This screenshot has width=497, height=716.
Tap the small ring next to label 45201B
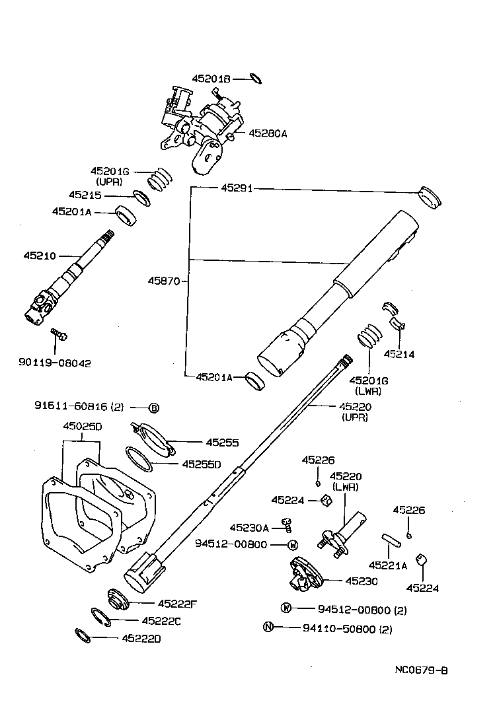(256, 79)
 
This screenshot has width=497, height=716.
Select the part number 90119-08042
(55, 363)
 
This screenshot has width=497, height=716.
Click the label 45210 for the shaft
(40, 255)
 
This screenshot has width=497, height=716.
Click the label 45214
(399, 354)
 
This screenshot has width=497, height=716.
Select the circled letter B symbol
(153, 408)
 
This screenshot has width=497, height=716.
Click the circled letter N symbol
(268, 627)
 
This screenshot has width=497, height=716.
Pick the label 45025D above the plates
(82, 427)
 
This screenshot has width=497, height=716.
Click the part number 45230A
(249, 527)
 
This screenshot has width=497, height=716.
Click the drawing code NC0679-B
(422, 670)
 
